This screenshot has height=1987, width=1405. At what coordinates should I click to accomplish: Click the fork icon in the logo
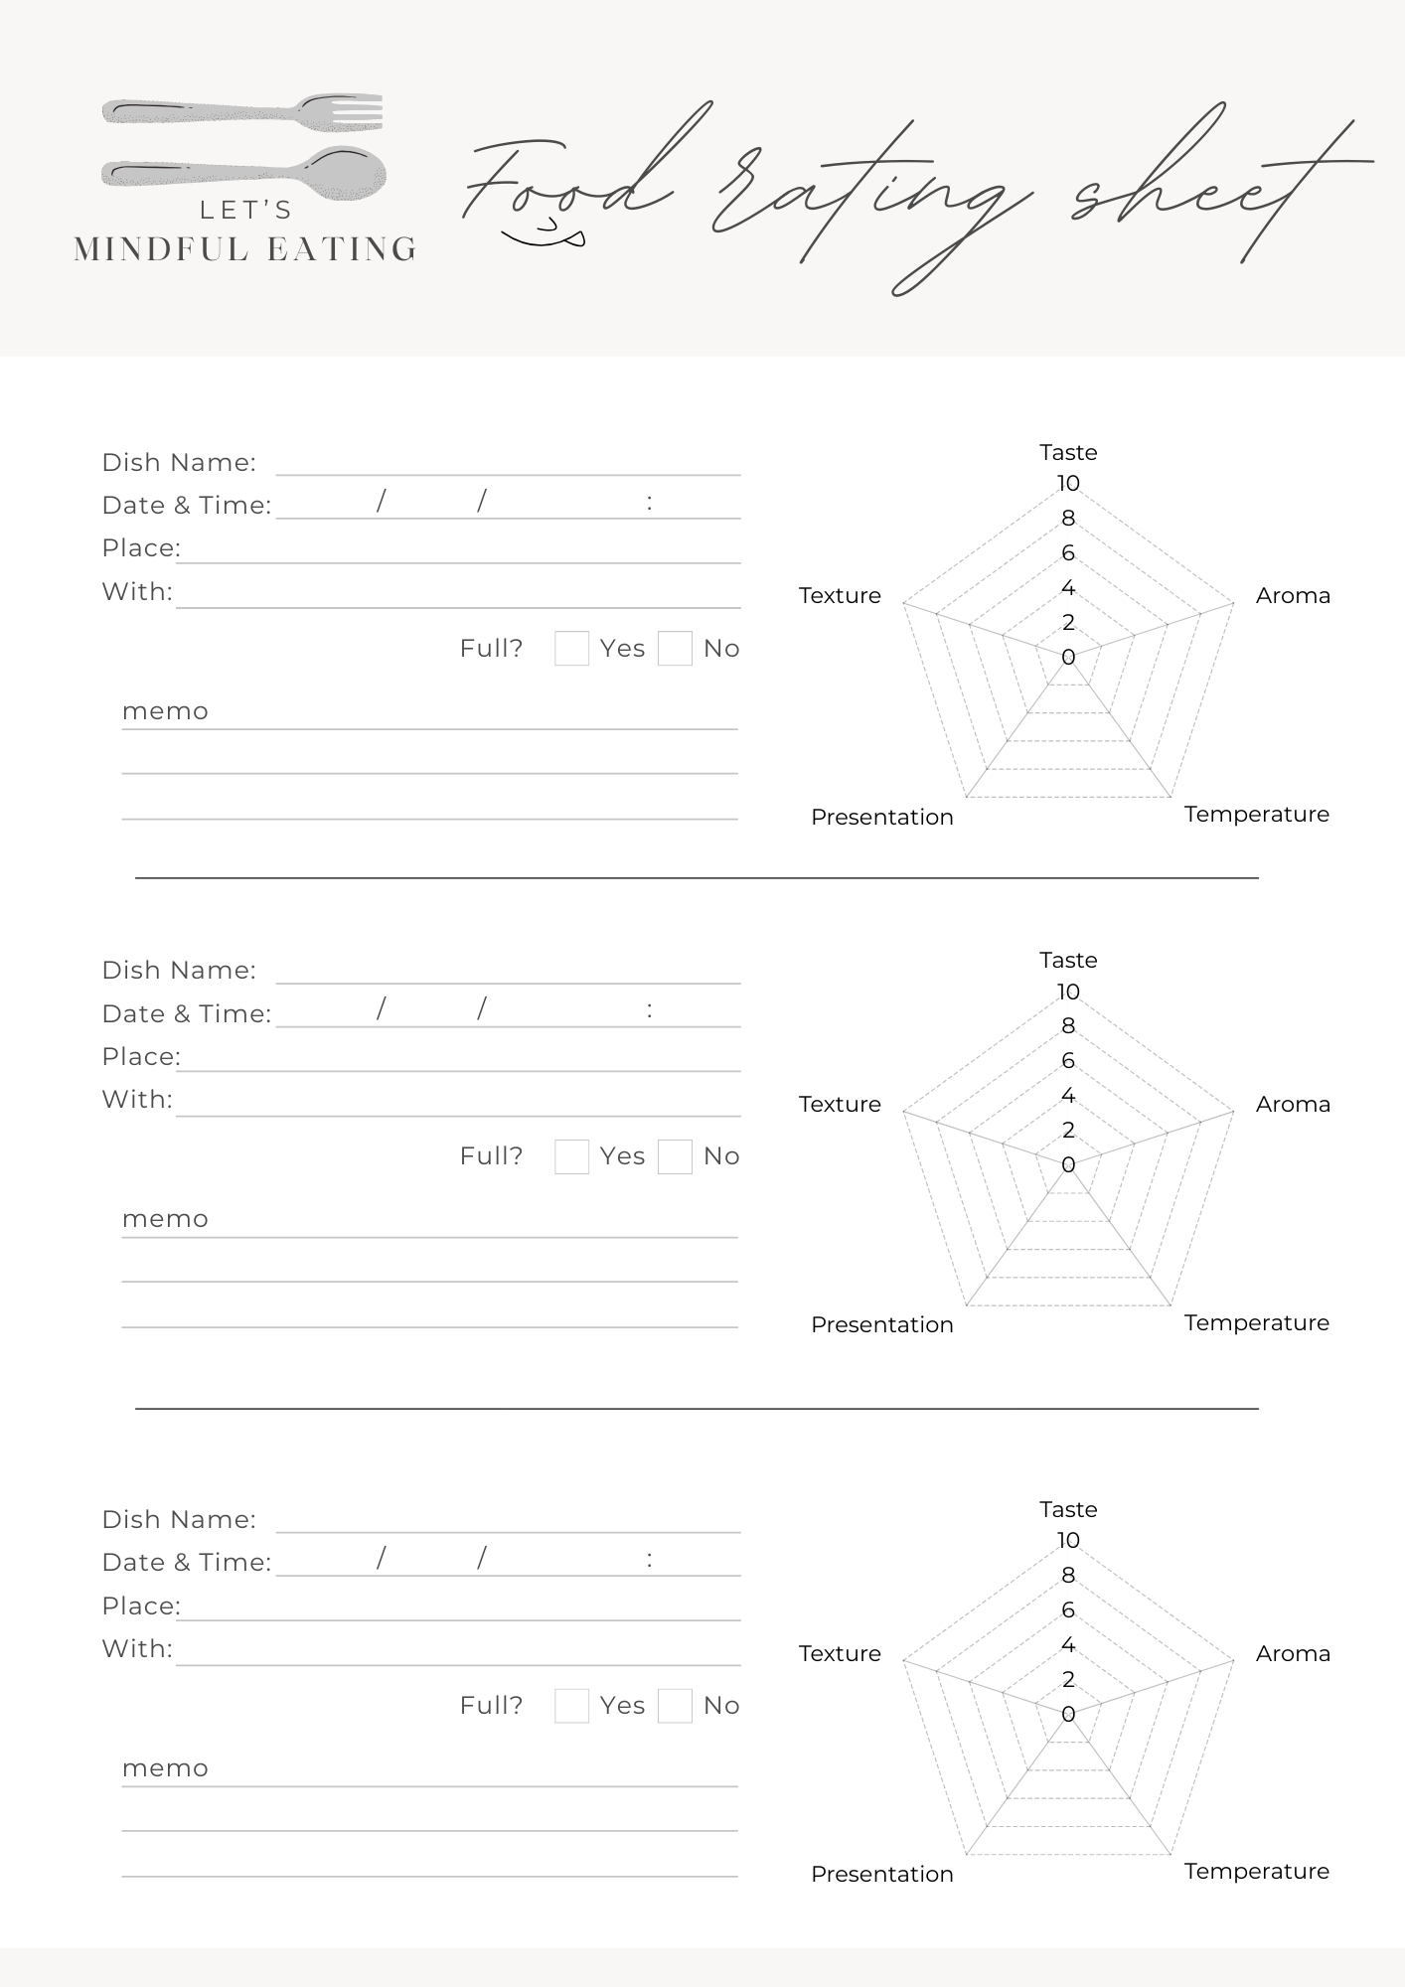tap(243, 111)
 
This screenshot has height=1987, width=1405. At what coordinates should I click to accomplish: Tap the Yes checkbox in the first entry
tap(571, 649)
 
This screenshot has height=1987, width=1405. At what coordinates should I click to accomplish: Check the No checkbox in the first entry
tap(675, 649)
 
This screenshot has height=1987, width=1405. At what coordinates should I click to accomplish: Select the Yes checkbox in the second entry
tap(571, 1156)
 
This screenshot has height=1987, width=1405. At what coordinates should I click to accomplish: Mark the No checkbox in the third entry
tap(675, 1706)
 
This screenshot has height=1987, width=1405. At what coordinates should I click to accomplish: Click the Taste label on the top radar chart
tap(1068, 453)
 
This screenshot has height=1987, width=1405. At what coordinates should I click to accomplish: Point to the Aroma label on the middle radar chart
tap(1292, 1104)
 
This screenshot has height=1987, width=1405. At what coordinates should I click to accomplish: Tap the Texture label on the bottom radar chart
tap(840, 1653)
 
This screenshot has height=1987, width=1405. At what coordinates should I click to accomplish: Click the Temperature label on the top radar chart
tap(1256, 815)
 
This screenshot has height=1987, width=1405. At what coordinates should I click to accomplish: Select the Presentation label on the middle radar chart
tap(881, 1324)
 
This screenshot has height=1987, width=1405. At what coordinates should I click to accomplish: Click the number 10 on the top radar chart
tap(1068, 484)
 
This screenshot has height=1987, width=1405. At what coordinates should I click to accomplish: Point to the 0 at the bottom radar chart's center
tap(1068, 1714)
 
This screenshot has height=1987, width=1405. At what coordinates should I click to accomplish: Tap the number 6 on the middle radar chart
tap(1068, 1061)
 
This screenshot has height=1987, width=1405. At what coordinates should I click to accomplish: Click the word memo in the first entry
tap(165, 711)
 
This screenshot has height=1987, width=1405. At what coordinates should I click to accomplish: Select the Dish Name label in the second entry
tap(179, 971)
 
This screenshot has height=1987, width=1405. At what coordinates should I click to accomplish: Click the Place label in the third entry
tap(141, 1606)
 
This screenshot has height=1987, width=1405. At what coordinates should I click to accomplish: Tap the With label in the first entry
tap(137, 592)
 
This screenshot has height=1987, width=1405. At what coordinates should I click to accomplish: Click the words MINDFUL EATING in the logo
tap(245, 249)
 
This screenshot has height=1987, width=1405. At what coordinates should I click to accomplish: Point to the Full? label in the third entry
tap(491, 1706)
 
